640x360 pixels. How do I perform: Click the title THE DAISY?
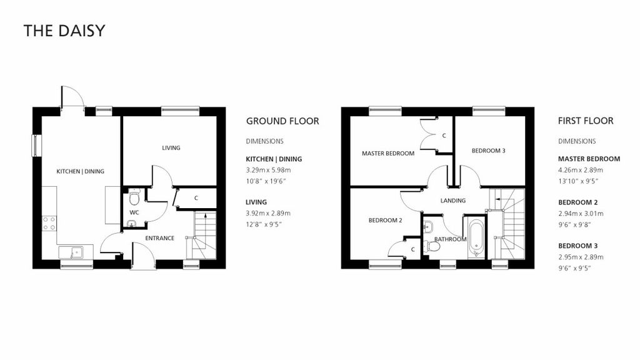pyautogui.click(x=64, y=31)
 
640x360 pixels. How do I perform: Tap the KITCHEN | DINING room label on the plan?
pyautogui.click(x=80, y=171)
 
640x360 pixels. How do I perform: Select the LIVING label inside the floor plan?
pyautogui.click(x=171, y=148)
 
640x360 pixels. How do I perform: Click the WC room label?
pyautogui.click(x=134, y=212)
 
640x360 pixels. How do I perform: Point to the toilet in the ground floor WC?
pyautogui.click(x=134, y=199)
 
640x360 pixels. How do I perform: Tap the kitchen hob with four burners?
pyautogui.click(x=48, y=223)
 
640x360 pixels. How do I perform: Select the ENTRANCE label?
pyautogui.click(x=159, y=238)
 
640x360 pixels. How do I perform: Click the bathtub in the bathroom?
pyautogui.click(x=474, y=237)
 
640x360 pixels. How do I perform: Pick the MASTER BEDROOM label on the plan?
pyautogui.click(x=388, y=153)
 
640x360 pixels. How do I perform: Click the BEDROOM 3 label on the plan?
pyautogui.click(x=488, y=150)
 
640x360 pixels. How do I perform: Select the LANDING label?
pyautogui.click(x=453, y=201)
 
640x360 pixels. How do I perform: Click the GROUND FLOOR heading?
pyautogui.click(x=282, y=121)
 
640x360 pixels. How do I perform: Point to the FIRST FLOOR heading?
pyautogui.click(x=586, y=121)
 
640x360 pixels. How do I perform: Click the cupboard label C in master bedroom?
pyautogui.click(x=444, y=136)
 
